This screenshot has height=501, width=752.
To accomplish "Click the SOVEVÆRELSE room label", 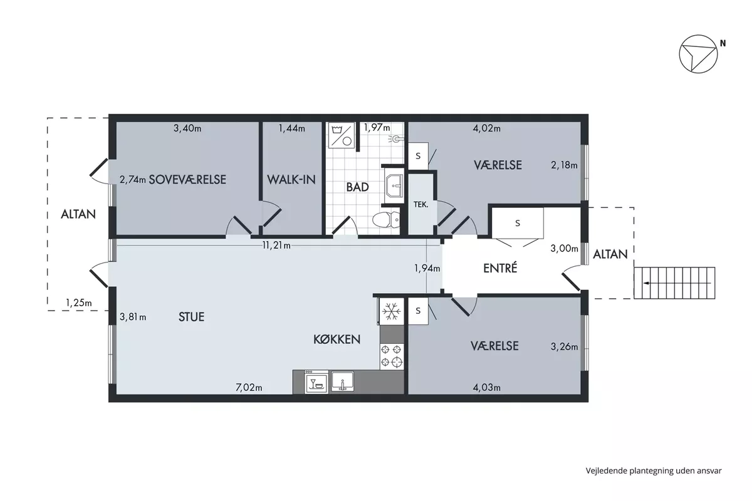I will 187,179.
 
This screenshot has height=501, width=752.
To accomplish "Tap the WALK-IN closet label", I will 291,179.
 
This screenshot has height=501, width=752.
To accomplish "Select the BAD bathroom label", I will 357,187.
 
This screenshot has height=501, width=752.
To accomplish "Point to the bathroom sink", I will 394,185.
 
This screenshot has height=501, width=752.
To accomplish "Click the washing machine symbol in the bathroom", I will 341,135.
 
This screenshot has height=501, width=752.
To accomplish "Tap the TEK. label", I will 420,205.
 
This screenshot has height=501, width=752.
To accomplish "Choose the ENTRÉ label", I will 500,268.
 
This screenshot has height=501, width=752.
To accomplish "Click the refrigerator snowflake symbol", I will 392,311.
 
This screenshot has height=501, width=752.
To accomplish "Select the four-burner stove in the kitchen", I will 392,356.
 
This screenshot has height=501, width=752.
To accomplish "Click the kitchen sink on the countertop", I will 342,381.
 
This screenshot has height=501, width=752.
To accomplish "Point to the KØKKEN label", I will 337,339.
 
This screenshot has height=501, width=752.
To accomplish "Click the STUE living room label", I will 191,317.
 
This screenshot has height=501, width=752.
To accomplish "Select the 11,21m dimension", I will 276,245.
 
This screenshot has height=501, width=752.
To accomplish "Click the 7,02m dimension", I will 249,388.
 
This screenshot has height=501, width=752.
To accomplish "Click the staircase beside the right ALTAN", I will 674,283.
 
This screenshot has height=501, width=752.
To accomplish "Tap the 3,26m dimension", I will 563,346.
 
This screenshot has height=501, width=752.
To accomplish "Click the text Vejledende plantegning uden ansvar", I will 654,471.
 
